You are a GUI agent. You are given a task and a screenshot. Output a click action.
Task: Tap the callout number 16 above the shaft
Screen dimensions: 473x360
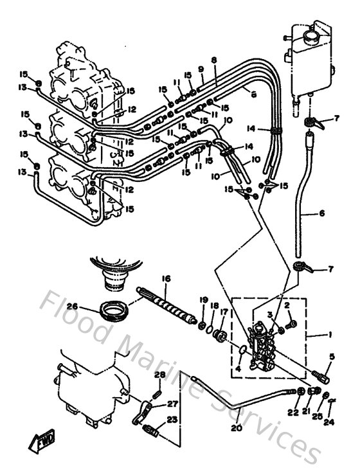pyautogui.click(x=166, y=279)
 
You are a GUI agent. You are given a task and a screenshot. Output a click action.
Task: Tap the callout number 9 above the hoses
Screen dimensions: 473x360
pyautogui.click(x=201, y=69)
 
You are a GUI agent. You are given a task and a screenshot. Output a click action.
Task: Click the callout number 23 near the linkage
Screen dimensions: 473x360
pyautogui.click(x=172, y=420)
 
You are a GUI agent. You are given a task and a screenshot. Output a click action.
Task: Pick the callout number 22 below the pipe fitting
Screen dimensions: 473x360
pyautogui.click(x=294, y=412)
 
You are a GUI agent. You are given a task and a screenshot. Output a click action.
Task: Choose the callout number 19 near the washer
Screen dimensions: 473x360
pyautogui.click(x=204, y=300)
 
